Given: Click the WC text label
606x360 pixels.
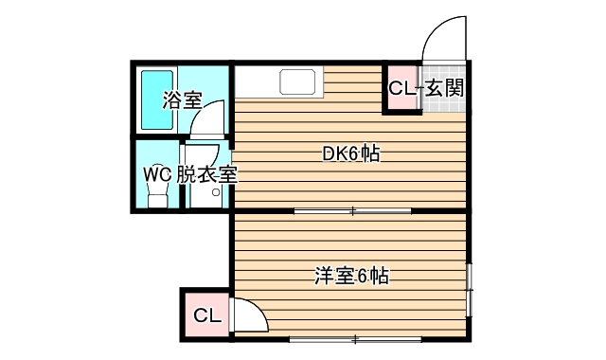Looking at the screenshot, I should click(157, 174).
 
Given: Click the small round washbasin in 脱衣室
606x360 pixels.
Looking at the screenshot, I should click(216, 192).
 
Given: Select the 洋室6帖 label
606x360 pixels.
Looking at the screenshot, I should click(352, 277).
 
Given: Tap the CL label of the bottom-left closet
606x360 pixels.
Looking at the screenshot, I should click(206, 315).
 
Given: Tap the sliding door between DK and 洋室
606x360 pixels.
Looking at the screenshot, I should click(352, 209).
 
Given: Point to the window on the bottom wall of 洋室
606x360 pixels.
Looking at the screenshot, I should click(352, 338).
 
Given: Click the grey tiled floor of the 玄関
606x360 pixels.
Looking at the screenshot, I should click(445, 102).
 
